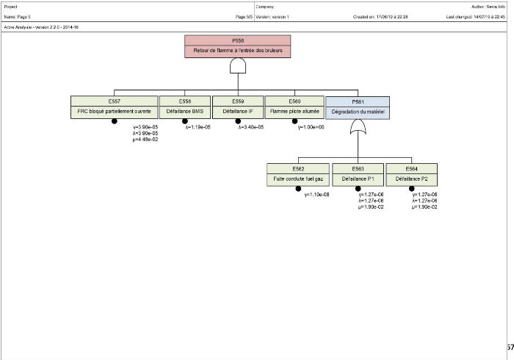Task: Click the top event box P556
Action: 237,46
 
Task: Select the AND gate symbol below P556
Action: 237,67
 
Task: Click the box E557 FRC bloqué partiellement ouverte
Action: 114,107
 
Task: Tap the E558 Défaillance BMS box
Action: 185,107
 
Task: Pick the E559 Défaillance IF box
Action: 238,107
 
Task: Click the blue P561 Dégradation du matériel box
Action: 358,107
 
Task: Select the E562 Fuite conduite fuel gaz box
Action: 299,174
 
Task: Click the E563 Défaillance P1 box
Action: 358,174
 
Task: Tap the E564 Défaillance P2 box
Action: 411,174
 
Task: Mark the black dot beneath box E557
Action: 114,122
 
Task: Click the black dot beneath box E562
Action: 299,189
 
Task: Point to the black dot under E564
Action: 411,189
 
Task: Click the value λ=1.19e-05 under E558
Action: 198,127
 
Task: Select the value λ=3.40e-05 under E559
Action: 251,127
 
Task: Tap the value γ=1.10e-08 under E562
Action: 316,194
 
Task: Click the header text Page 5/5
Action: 245,16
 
